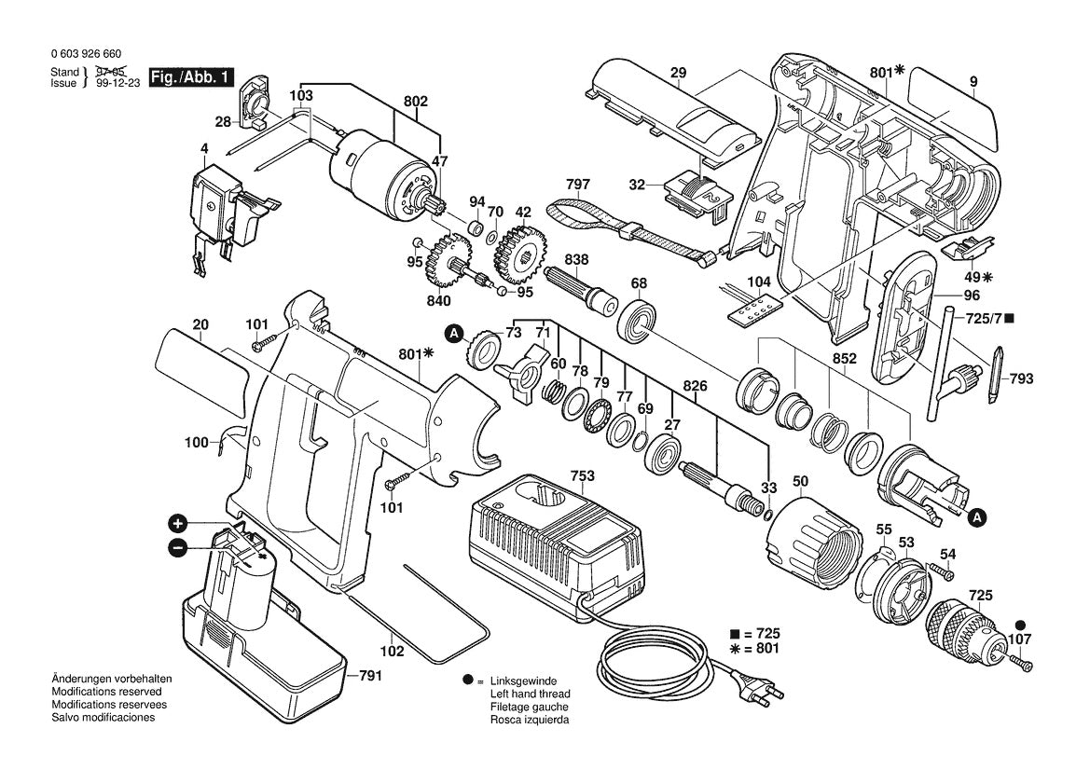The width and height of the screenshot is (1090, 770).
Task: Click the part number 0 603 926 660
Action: (x=86, y=55)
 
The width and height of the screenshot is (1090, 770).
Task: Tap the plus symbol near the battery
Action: (x=179, y=523)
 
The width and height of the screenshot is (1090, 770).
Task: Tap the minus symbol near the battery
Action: (x=179, y=547)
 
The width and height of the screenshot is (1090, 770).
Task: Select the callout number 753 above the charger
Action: (x=582, y=476)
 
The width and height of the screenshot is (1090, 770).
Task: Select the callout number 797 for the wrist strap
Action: (x=578, y=185)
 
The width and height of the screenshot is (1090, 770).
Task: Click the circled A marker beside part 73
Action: (x=453, y=333)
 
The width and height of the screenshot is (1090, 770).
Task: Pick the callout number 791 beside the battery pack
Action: (x=371, y=677)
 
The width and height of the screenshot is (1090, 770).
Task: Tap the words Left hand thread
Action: (x=530, y=694)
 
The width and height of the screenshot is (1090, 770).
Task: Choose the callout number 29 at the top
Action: (x=678, y=72)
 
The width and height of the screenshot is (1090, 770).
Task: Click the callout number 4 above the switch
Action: (x=203, y=148)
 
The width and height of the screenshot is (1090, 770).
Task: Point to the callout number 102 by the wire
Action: (x=392, y=652)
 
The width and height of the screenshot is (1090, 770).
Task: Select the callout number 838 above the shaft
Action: (x=575, y=263)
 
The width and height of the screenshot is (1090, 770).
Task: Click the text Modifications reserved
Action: (x=106, y=692)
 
